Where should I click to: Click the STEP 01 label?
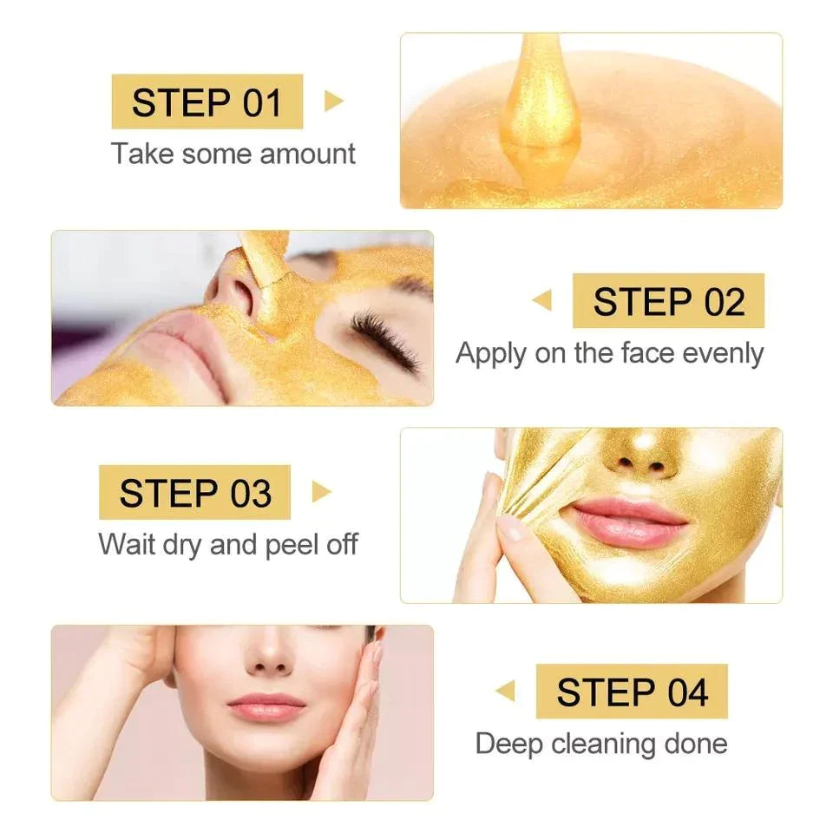click(x=207, y=102)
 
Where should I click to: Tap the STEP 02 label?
click(x=668, y=301)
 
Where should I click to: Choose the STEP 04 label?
click(x=632, y=692)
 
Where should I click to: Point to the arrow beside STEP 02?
click(x=542, y=301)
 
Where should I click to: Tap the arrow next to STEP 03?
click(x=321, y=492)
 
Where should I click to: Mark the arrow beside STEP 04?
click(x=505, y=692)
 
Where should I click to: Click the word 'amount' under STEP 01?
click(x=308, y=154)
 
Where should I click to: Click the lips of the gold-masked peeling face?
click(x=625, y=521)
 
